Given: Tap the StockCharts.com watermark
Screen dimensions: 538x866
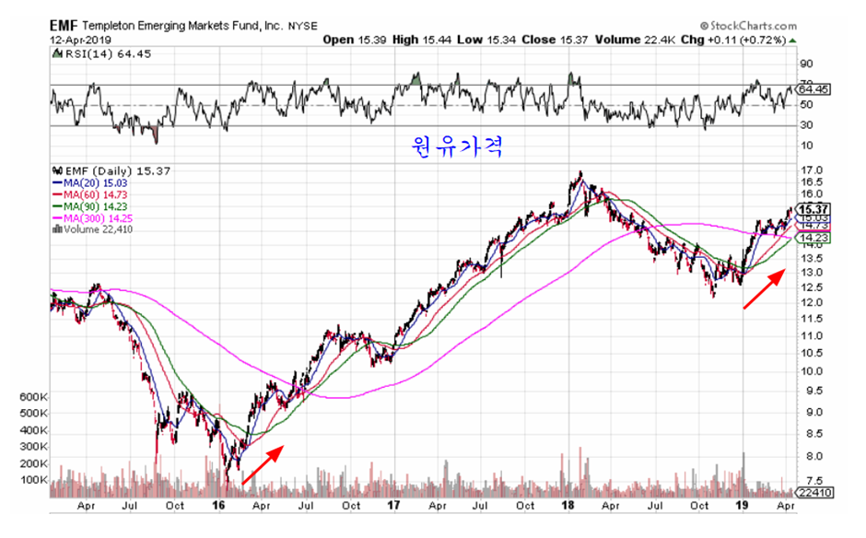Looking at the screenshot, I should click(x=748, y=27).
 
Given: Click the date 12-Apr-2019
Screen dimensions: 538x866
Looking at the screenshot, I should click(x=79, y=41).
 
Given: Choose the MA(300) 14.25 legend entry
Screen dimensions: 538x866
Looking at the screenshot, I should click(x=100, y=218).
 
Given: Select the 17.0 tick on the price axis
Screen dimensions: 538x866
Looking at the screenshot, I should click(x=812, y=171).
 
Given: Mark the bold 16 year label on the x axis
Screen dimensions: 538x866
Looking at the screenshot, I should click(x=219, y=506).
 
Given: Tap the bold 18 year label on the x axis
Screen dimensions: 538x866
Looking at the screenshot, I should click(x=570, y=506).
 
